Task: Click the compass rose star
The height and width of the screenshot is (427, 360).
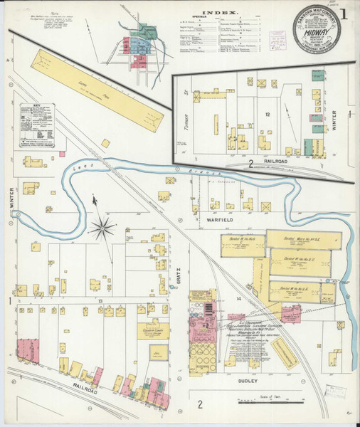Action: (x=104, y=228)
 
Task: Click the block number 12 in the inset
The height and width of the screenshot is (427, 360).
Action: (x=268, y=114)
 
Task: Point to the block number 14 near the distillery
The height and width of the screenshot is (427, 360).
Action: (x=240, y=299)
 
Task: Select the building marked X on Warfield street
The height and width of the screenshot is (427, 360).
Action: (x=265, y=207)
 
